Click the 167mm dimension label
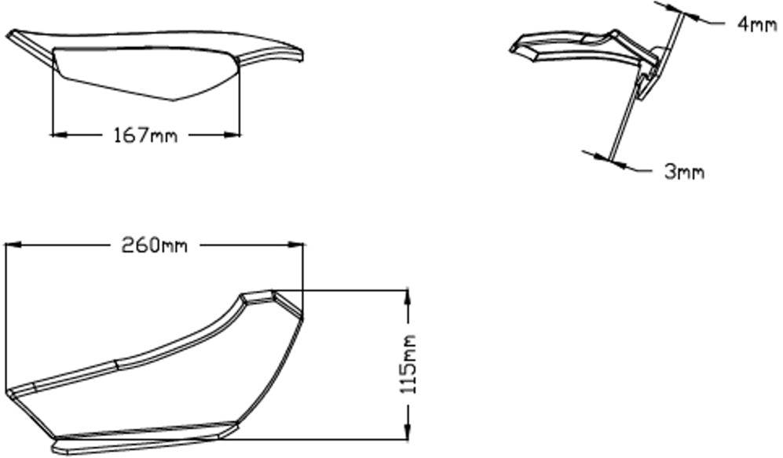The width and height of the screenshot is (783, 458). (145, 135)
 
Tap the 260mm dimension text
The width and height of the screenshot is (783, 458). (154, 245)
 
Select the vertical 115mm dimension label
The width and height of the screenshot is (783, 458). (408, 365)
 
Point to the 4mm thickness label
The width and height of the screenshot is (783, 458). (756, 24)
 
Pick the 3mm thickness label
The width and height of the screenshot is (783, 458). (684, 172)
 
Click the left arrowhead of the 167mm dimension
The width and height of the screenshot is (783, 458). (59, 134)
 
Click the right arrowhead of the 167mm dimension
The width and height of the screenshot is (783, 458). (232, 134)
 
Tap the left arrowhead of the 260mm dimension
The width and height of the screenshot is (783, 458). (13, 245)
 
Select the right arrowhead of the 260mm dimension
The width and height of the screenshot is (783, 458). (296, 245)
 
